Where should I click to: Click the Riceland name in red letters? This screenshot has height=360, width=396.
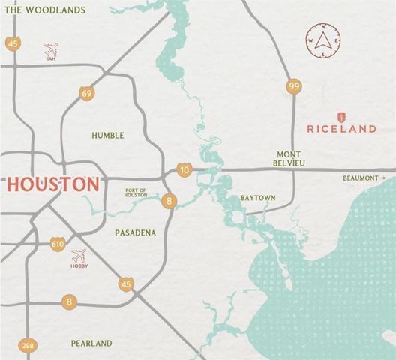[341, 129]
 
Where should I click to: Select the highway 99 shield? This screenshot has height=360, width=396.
[293, 87]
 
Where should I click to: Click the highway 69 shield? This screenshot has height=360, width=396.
[88, 93]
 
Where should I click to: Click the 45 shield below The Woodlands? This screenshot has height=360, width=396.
[13, 43]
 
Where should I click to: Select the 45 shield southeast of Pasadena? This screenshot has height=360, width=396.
[126, 283]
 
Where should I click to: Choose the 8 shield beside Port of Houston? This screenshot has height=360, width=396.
[170, 201]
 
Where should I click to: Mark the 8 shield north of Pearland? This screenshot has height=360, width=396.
[70, 302]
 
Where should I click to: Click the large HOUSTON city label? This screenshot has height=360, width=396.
[52, 184]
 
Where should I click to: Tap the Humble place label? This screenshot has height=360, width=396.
[107, 136]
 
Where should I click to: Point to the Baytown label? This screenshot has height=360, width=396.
[258, 198]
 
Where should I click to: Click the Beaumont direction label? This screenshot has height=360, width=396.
[364, 178]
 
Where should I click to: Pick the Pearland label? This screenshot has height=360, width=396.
[91, 343]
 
